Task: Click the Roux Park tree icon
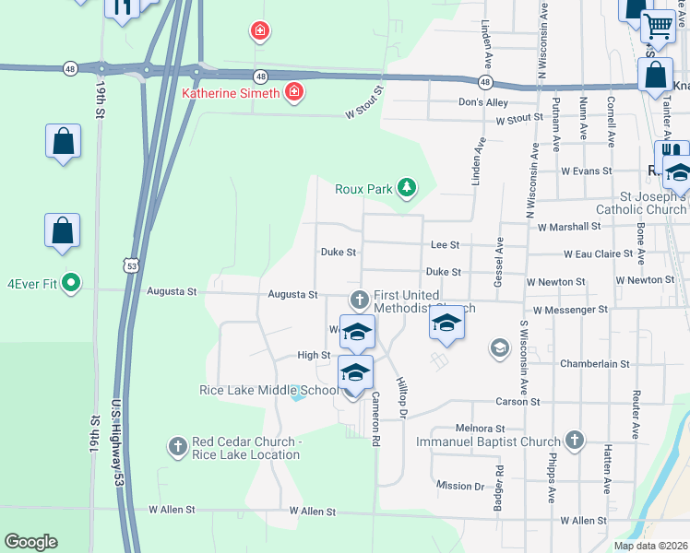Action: click(x=406, y=189)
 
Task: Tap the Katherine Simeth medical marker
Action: click(x=294, y=93)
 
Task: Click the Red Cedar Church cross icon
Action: click(x=177, y=447)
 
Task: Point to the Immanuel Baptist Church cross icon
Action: click(x=575, y=441)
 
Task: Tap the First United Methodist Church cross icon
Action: click(x=360, y=300)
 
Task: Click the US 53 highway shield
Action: click(x=132, y=265)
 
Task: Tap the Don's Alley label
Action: click(x=483, y=102)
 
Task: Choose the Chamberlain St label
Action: click(x=594, y=364)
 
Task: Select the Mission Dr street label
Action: click(x=460, y=486)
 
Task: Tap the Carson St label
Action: click(x=517, y=402)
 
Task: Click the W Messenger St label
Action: click(x=570, y=311)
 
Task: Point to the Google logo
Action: click(x=30, y=542)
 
